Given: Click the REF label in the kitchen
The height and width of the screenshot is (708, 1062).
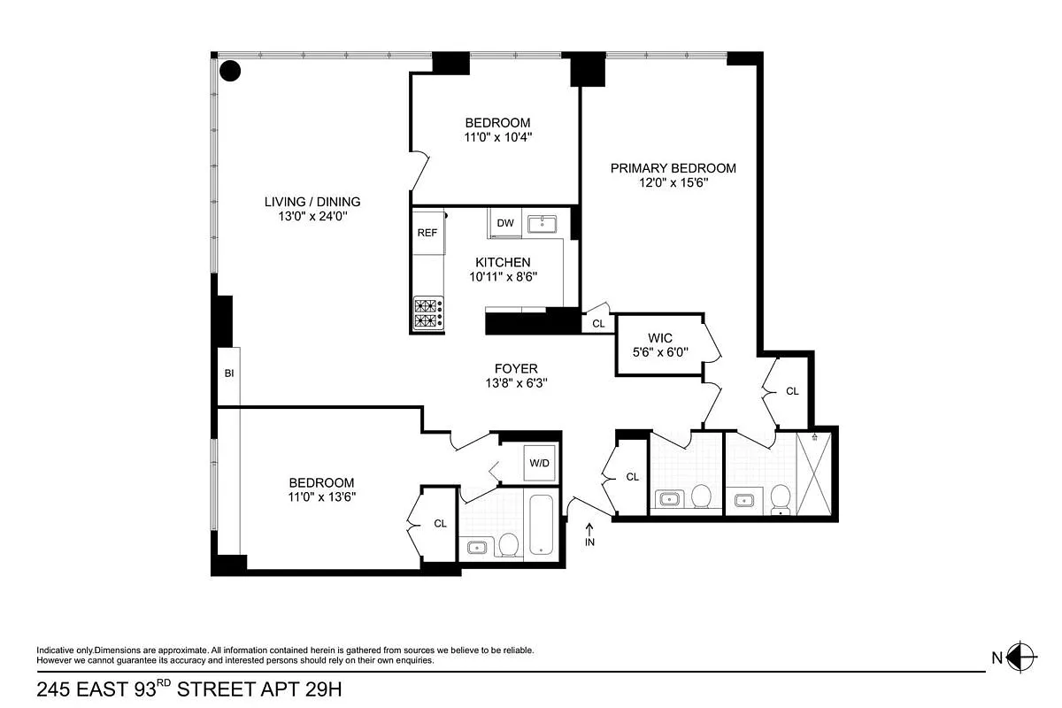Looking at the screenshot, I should tap(427, 233).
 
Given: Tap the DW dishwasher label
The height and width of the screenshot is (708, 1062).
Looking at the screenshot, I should tap(505, 223).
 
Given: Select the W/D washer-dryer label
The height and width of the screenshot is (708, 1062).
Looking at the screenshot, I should tap(539, 463).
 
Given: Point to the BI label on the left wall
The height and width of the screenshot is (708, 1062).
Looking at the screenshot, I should tap(228, 373).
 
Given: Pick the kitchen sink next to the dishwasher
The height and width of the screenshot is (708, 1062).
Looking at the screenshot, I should tap(542, 223).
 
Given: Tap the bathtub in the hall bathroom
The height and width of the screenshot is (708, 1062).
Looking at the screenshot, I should tap(541, 525).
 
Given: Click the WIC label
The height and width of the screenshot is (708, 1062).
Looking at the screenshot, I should tap(660, 338).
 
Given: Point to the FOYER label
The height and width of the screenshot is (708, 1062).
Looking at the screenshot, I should tap(516, 369).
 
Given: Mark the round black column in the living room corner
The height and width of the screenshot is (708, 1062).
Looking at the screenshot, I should tap(230, 71).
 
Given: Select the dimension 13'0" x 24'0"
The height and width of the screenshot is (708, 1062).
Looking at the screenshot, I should tap(312, 216).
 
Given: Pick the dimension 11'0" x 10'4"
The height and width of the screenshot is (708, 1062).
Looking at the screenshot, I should tap(497, 137).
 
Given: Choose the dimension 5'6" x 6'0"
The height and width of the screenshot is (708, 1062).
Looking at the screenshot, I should tap(660, 352).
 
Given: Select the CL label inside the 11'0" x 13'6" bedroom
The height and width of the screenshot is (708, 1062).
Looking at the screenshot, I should tap(440, 524).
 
